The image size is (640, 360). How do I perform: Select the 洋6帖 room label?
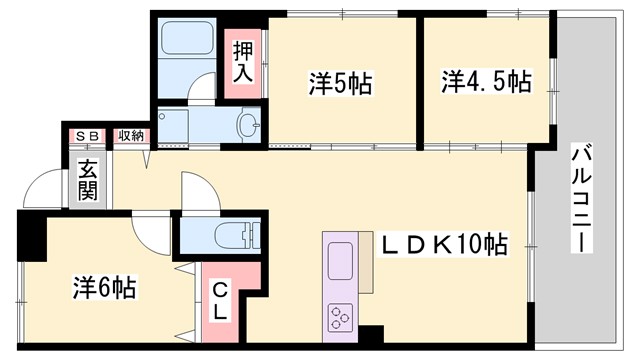click(104, 287)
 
